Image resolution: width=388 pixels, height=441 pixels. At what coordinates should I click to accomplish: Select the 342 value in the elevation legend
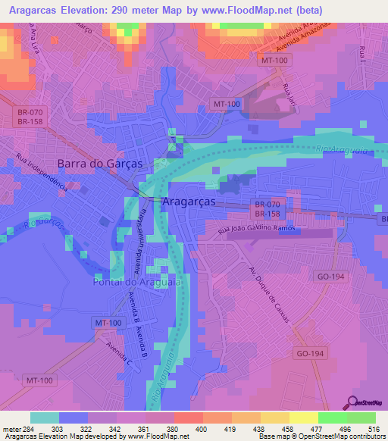pos(114,428)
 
